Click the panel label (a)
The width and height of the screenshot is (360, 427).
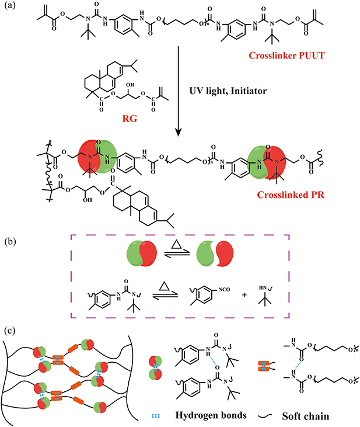coord(9,7)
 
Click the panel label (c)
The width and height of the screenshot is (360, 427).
coord(9,331)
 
